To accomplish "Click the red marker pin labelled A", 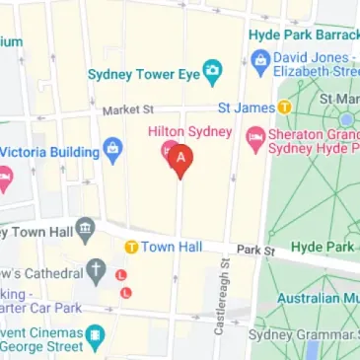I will click(x=179, y=159).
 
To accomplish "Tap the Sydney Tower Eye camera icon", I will click(x=211, y=73).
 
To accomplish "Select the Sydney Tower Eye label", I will click(x=143, y=73).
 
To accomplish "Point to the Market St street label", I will click(x=122, y=110).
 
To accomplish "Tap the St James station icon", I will click(x=284, y=107).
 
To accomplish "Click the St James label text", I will click(x=247, y=107).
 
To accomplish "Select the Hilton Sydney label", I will click(x=188, y=131).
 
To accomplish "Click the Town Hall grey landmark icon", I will click(x=86, y=231).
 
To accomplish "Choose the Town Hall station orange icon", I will click(x=130, y=246).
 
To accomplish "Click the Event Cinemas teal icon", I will click(x=95, y=338).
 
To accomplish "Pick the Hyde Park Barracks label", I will click(x=304, y=33).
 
